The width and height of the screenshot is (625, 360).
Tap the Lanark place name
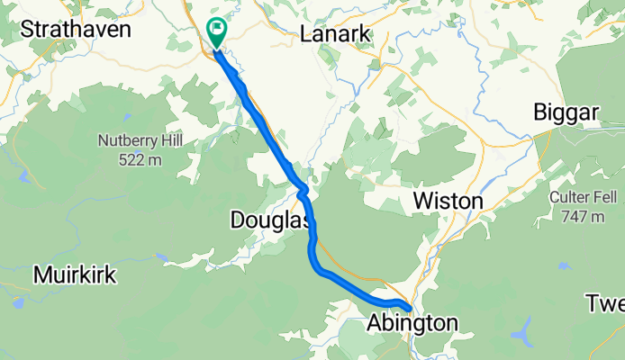click(x=335, y=34)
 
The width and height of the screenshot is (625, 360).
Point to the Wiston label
click(x=448, y=201)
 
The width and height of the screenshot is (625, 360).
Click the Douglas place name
click(x=270, y=220)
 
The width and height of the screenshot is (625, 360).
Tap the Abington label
click(x=412, y=322)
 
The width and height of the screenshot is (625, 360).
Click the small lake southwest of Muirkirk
click(x=18, y=302)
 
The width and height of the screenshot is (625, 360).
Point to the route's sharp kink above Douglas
click(x=303, y=188)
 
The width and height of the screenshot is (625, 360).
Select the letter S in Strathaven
click(x=26, y=30)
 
